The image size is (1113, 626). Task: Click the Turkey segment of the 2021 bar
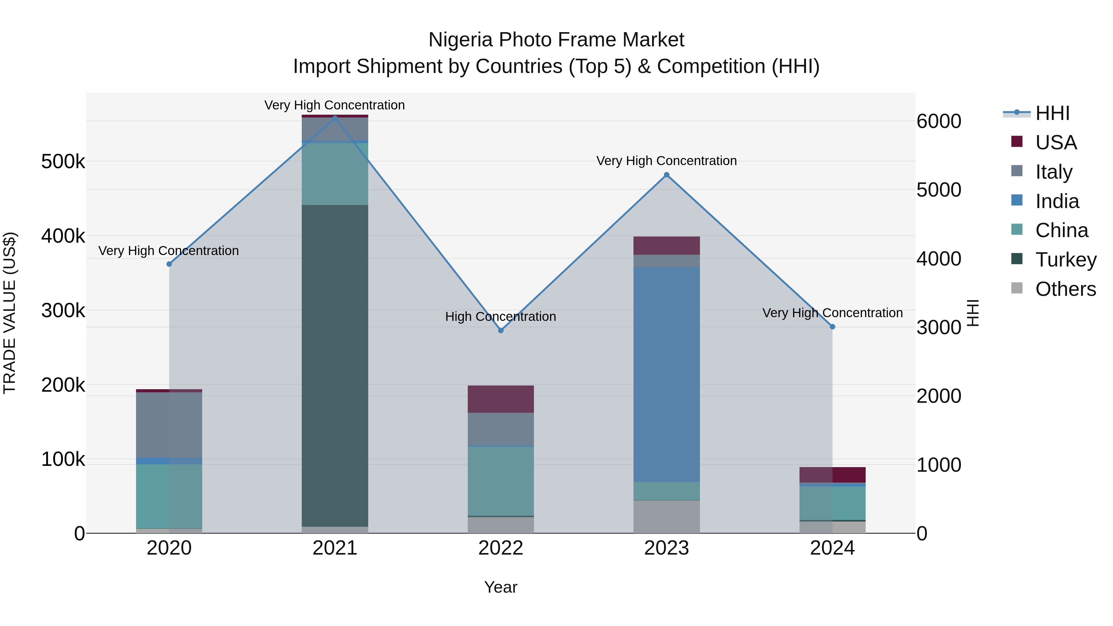pyautogui.click(x=335, y=365)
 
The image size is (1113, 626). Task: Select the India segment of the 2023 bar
pyautogui.click(x=666, y=374)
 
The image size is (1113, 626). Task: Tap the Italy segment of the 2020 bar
pyautogui.click(x=169, y=425)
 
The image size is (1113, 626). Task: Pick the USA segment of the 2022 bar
pyautogui.click(x=501, y=399)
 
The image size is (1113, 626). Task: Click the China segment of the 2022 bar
pyautogui.click(x=501, y=481)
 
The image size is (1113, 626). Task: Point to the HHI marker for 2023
pyautogui.click(x=666, y=175)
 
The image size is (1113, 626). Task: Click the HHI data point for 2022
pyautogui.click(x=501, y=330)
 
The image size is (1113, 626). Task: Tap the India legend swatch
pyautogui.click(x=1017, y=200)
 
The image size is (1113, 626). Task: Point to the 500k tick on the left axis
pyautogui.click(x=63, y=162)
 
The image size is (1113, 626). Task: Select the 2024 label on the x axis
pyautogui.click(x=832, y=548)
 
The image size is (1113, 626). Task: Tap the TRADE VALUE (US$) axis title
pyautogui.click(x=10, y=313)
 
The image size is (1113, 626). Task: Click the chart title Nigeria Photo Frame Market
pyautogui.click(x=556, y=40)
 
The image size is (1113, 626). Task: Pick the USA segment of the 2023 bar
pyautogui.click(x=666, y=245)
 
